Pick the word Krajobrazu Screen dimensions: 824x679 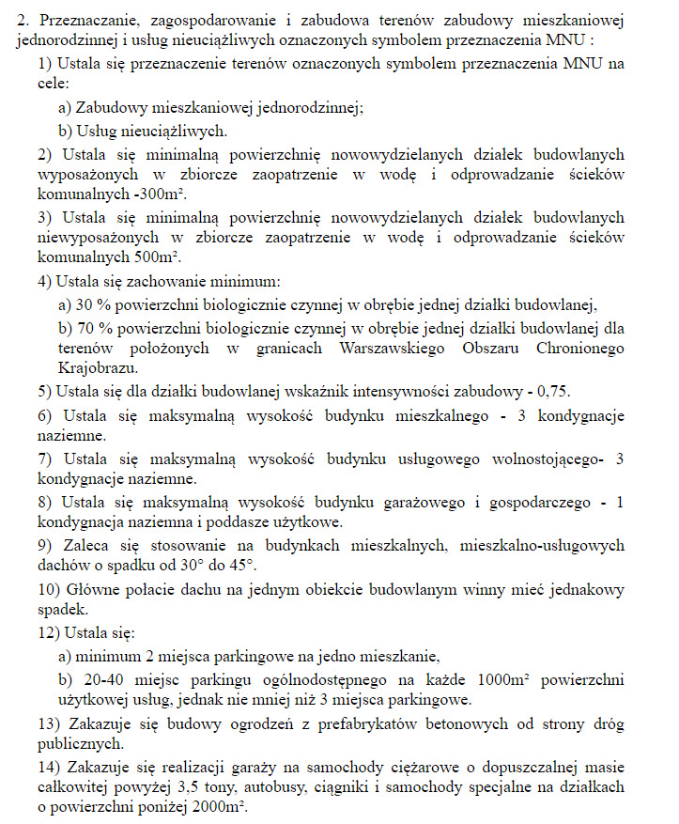[x=98, y=368]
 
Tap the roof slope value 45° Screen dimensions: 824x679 [x=242, y=567]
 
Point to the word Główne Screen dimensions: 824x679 [x=90, y=589]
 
